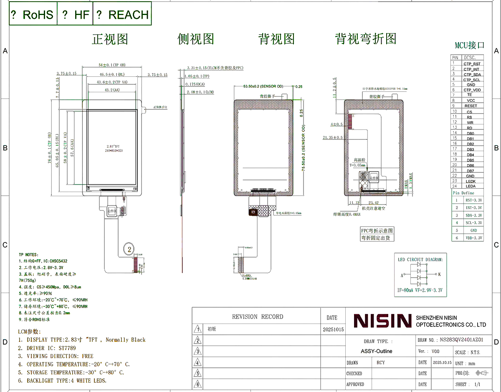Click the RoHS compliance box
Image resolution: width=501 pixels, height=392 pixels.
tap(33, 15)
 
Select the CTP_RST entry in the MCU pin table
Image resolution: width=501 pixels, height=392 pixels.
tap(472, 64)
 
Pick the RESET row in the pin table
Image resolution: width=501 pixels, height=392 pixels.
tap(470, 106)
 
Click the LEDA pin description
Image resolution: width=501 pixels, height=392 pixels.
tap(470, 186)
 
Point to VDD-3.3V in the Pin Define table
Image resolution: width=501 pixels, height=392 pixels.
tap(473, 238)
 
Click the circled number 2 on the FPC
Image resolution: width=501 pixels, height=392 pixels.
tap(129, 250)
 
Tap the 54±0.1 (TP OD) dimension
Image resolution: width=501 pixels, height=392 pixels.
tap(111, 65)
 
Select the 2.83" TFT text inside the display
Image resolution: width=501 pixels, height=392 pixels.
tap(113, 147)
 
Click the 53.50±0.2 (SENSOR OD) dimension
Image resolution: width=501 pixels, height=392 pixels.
tap(263, 86)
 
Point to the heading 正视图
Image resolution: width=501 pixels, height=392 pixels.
tap(110, 39)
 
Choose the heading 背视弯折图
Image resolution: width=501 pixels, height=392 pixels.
tap(365, 39)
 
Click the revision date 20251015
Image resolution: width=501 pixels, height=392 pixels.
tap(333, 329)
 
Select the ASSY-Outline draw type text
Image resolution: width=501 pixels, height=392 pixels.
tap(376, 351)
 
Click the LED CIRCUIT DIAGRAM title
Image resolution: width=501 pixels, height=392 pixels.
tap(420, 259)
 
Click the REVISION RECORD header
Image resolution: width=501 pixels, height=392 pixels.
tap(257, 317)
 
